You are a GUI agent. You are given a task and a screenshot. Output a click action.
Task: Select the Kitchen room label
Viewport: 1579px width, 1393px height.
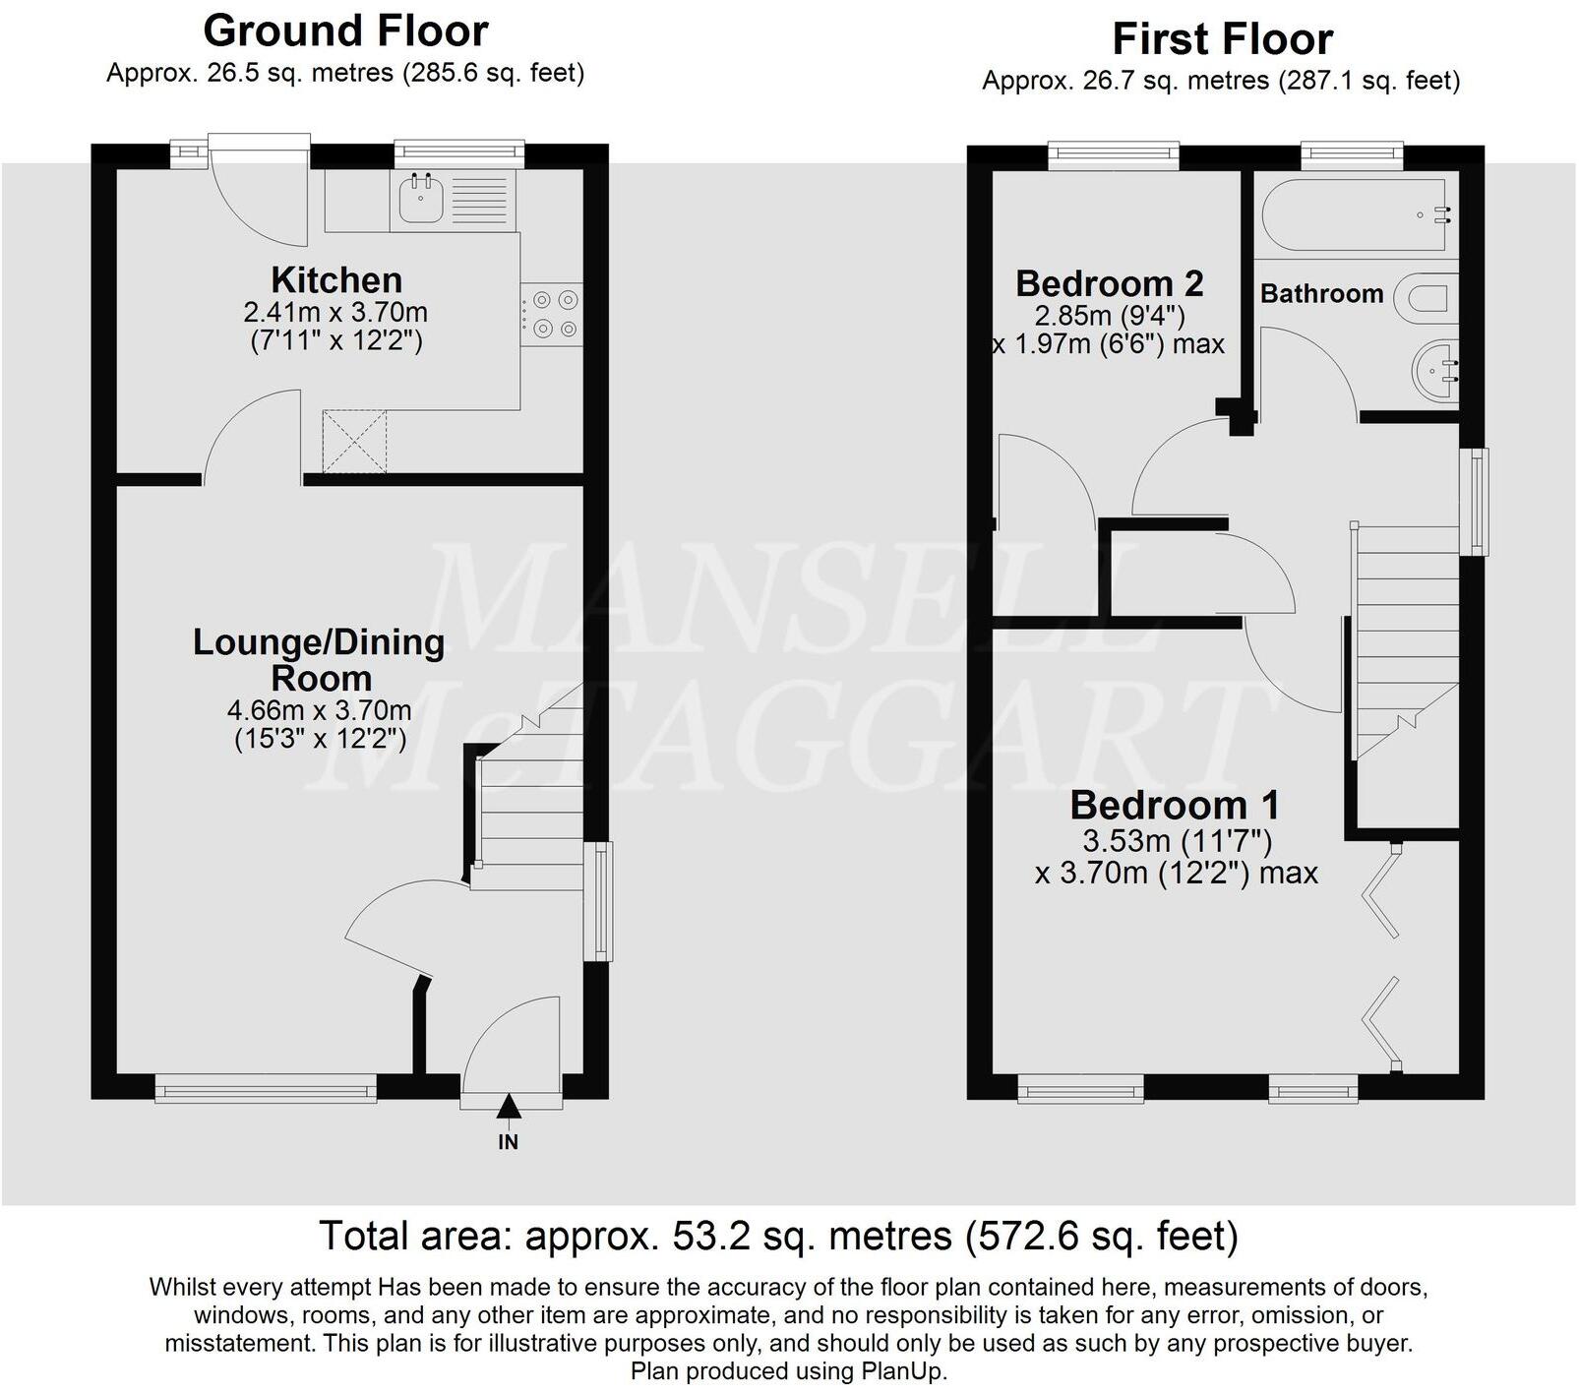tap(336, 280)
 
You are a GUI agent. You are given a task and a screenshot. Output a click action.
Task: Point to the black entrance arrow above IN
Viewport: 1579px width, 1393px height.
tap(508, 1106)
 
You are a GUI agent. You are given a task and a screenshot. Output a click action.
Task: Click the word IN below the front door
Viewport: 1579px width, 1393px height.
tap(508, 1142)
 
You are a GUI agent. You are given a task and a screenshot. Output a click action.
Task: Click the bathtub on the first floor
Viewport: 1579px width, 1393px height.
tap(1356, 213)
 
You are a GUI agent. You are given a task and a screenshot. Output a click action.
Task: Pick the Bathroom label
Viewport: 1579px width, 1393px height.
tap(1321, 293)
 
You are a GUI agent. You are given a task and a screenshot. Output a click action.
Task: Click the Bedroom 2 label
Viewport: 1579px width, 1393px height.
tap(1109, 283)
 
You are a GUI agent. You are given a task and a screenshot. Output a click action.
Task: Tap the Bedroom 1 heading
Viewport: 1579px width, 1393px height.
tap(1175, 805)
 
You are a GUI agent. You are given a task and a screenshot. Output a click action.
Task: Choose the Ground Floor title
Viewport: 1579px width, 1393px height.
tap(345, 31)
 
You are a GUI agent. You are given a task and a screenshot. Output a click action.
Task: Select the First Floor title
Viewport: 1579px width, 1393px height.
tap(1222, 39)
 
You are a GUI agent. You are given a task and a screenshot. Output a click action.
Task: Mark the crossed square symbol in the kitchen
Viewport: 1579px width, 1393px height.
tap(355, 442)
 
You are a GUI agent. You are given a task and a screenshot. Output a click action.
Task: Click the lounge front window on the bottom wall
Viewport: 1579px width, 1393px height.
tap(266, 1089)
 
